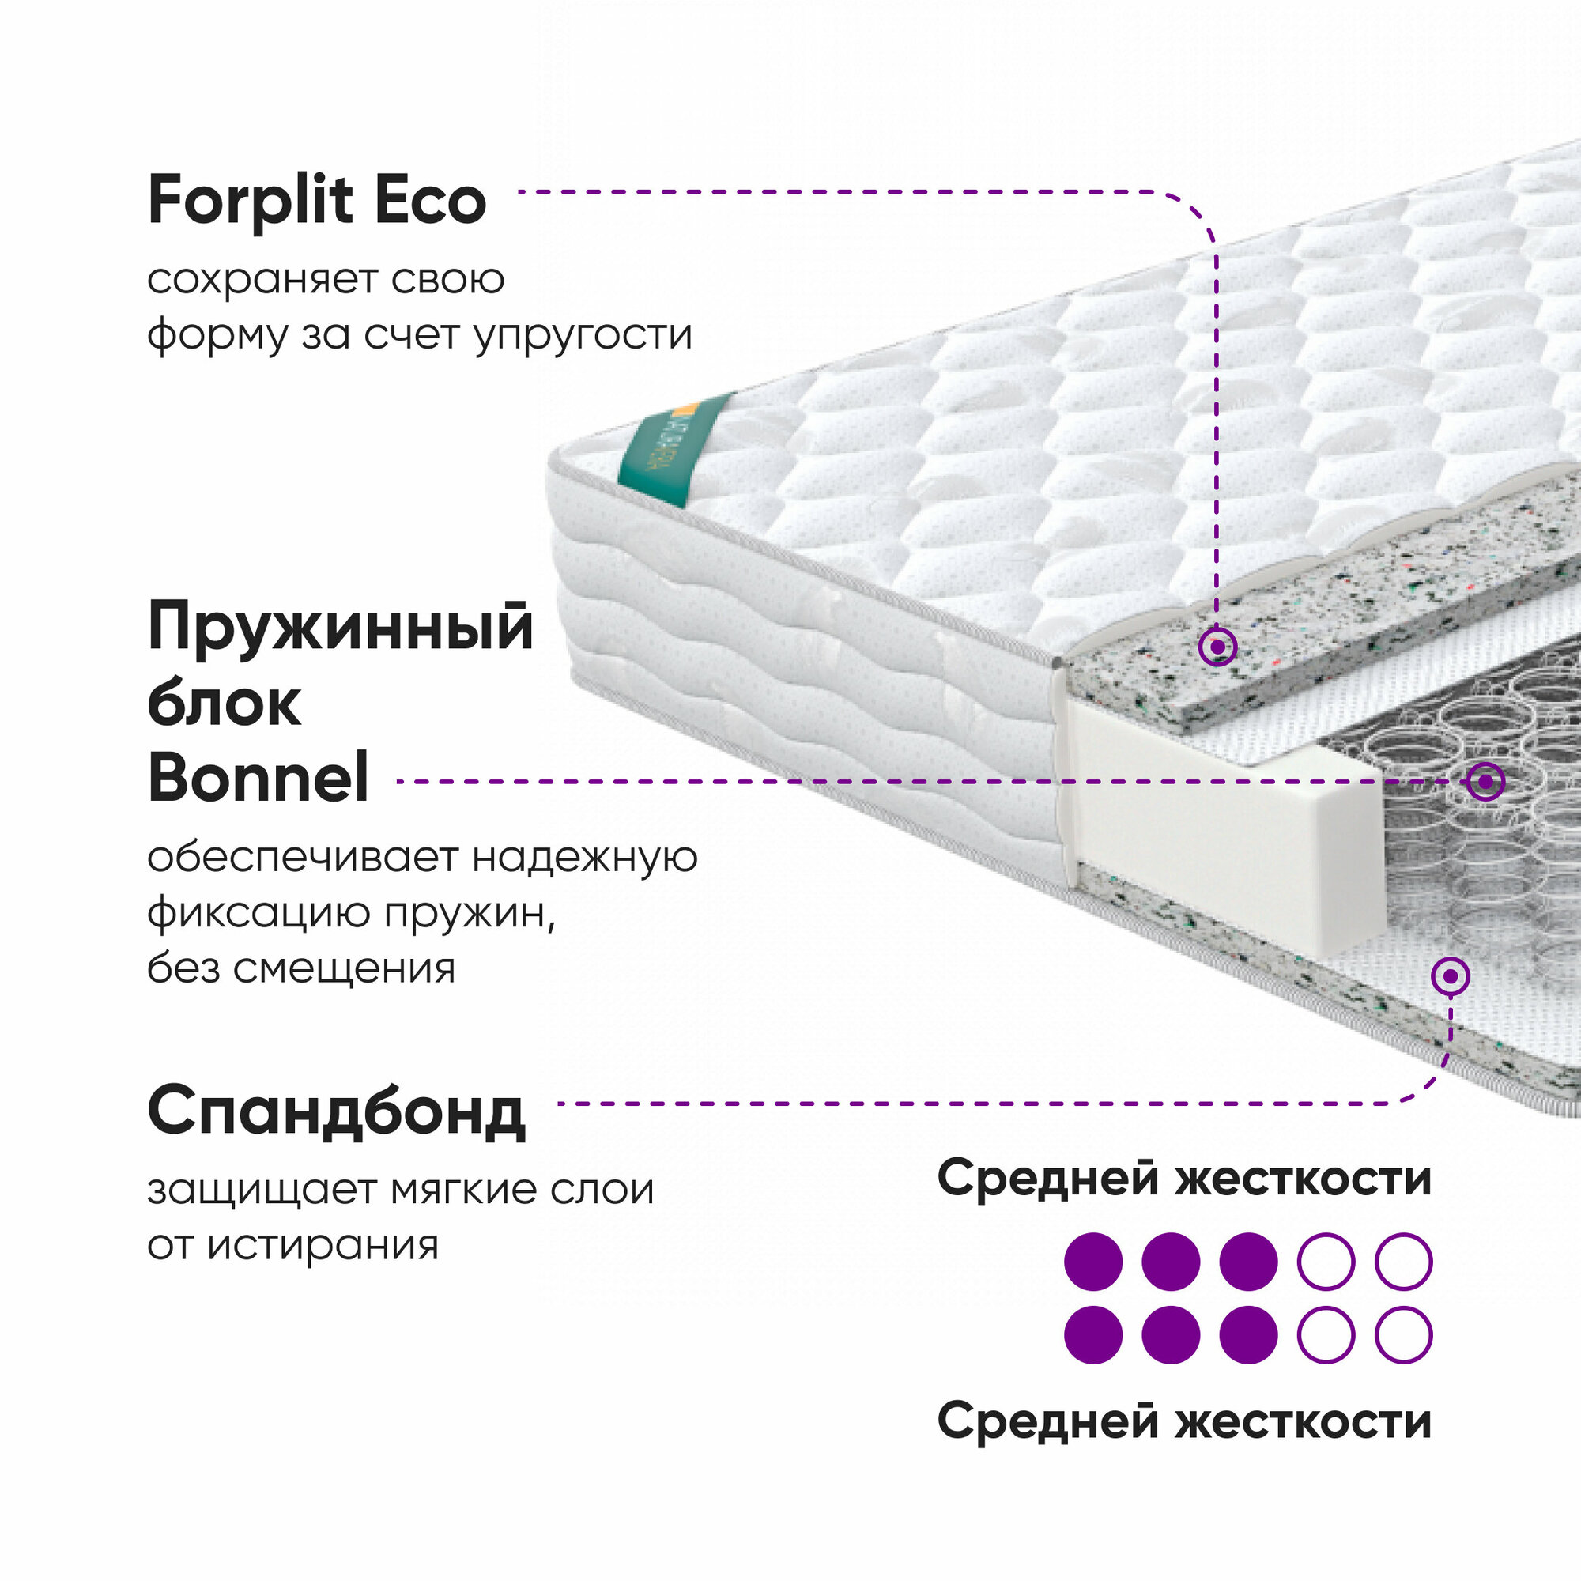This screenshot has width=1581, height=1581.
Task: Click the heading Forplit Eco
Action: point(317,202)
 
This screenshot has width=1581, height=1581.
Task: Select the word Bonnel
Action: point(258,778)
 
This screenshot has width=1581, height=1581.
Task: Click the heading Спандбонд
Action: point(336,1111)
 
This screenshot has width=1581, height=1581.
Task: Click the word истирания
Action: point(323,1246)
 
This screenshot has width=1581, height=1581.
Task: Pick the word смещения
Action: point(345,969)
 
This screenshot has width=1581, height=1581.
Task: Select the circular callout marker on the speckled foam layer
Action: point(1217,647)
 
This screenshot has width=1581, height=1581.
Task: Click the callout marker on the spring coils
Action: point(1485,782)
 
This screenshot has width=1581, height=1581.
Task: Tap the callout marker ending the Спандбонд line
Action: point(1451,976)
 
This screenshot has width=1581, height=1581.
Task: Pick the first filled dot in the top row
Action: point(1093,1261)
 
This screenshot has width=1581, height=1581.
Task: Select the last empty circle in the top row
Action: point(1403,1261)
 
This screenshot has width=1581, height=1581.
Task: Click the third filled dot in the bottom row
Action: point(1248,1334)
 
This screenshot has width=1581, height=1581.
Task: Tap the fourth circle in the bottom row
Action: point(1326,1334)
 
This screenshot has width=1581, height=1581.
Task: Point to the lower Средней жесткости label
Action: point(1184,1421)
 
